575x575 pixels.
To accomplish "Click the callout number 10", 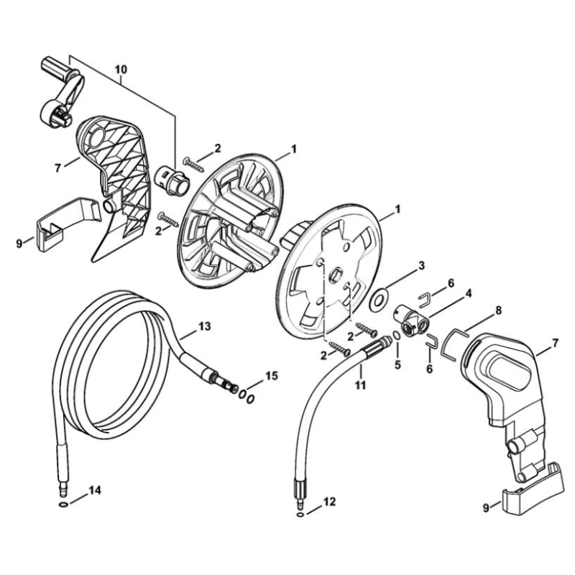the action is [x=121, y=69].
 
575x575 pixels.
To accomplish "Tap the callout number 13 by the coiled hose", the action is [x=205, y=326].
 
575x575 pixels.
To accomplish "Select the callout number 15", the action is [x=272, y=376].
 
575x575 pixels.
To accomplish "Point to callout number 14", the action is [x=95, y=490].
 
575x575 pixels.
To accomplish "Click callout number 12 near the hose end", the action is [x=329, y=502].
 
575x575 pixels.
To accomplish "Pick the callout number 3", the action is [x=421, y=265].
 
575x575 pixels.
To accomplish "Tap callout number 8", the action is [x=498, y=310].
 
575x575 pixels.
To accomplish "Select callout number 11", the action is [x=361, y=385].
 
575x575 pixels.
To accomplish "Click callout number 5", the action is [x=398, y=365].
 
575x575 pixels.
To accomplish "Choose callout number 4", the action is [x=469, y=293].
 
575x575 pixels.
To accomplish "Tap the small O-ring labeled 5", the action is [x=397, y=335].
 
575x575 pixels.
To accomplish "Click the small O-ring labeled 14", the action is [x=63, y=505].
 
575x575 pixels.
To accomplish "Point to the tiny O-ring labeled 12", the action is [x=300, y=515].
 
